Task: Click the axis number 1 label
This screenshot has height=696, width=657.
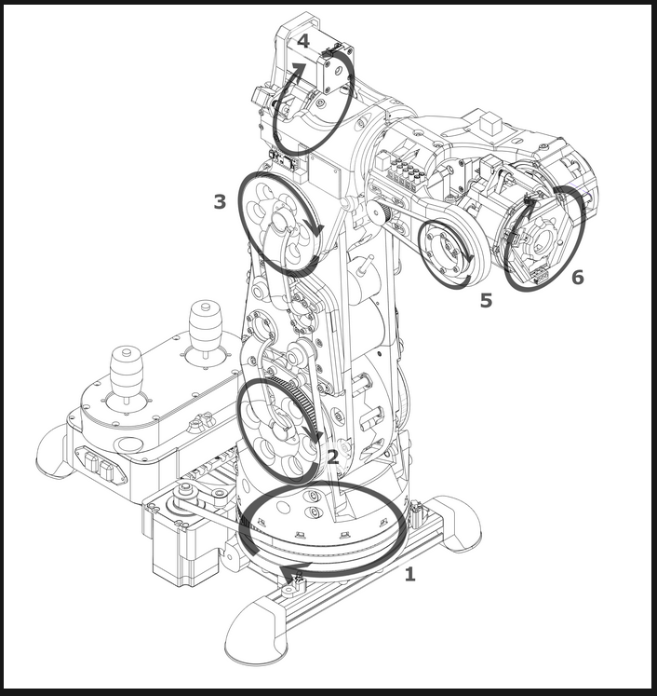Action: (x=410, y=574)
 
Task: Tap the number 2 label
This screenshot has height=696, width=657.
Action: (x=332, y=457)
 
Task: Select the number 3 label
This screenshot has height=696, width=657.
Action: (x=220, y=201)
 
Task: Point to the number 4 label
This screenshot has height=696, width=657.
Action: (x=303, y=41)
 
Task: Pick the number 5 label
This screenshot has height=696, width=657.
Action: (x=487, y=300)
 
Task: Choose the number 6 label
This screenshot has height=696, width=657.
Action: (x=578, y=277)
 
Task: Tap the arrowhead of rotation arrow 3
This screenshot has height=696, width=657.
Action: (x=318, y=227)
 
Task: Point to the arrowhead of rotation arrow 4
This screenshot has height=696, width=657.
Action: (x=298, y=70)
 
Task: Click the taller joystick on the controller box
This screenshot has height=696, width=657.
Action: (x=205, y=328)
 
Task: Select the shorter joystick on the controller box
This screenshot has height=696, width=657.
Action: (x=127, y=372)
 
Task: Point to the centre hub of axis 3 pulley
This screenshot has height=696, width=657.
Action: (x=280, y=219)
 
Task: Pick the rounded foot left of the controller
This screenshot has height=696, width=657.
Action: (x=53, y=453)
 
